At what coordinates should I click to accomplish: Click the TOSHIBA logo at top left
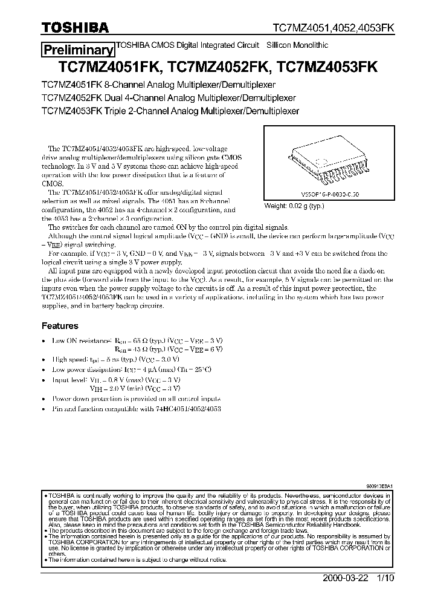pos(75,27)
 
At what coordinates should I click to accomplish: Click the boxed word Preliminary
pos(77,51)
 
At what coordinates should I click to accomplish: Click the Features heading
pos(60,326)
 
